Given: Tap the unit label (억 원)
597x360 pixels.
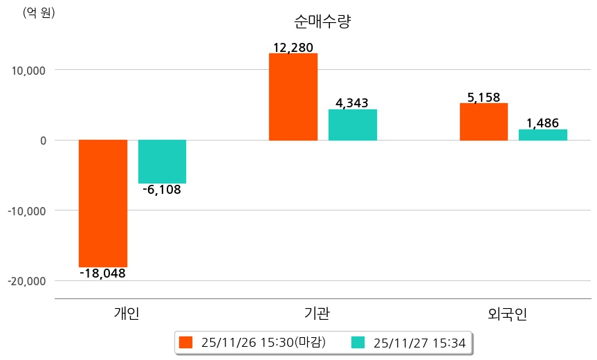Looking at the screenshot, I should click(x=39, y=12).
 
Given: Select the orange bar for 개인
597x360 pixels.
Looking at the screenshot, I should click(x=103, y=203).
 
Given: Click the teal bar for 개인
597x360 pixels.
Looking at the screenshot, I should click(x=162, y=161).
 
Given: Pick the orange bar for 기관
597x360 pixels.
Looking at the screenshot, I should click(x=293, y=97).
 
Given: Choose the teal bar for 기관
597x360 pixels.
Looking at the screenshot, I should click(x=353, y=125).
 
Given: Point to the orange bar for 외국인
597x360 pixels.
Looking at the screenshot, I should click(x=484, y=122).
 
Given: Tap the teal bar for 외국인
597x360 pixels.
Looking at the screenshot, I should click(x=543, y=135).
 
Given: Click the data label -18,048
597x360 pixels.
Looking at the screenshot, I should click(x=103, y=273).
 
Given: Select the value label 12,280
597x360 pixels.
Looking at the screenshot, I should click(x=293, y=48).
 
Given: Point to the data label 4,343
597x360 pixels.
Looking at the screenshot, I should click(x=352, y=103).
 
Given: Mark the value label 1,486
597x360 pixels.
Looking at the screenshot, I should click(x=543, y=123).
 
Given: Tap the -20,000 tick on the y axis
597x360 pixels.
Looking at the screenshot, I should click(x=27, y=281).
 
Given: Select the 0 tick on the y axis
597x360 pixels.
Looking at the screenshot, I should click(x=43, y=141).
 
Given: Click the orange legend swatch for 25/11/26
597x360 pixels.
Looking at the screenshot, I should click(x=185, y=342).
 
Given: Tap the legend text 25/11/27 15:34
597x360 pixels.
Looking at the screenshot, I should click(x=419, y=342).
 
